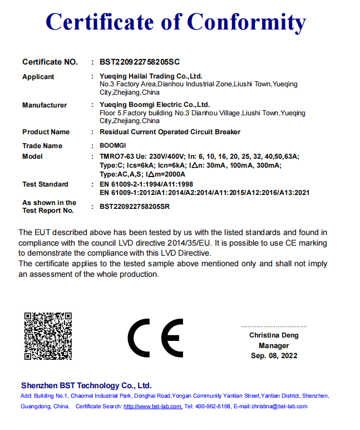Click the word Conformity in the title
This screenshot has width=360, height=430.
coord(246,22)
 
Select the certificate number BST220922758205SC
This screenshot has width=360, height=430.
coord(140,62)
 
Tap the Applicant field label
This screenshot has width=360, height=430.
coord(38,77)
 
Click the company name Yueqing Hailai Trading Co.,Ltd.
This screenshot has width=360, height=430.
coord(151,76)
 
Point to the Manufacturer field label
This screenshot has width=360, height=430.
coord(45,105)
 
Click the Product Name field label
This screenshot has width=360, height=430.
coord(46,132)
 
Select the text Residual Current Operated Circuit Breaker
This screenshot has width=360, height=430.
coord(170,132)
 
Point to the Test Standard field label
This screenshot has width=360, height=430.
coord(45,184)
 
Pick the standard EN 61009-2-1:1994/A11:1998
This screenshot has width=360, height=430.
coord(146,184)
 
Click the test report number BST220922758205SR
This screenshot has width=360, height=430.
coord(135,207)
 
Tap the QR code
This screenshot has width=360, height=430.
coord(48,336)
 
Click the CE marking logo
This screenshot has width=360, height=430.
coord(155,338)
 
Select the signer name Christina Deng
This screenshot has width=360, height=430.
coord(274,335)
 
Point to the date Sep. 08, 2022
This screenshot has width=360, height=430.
coord(274,355)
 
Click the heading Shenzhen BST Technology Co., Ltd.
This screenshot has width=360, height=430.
coord(86,385)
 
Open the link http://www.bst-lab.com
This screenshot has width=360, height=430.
coord(152,407)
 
